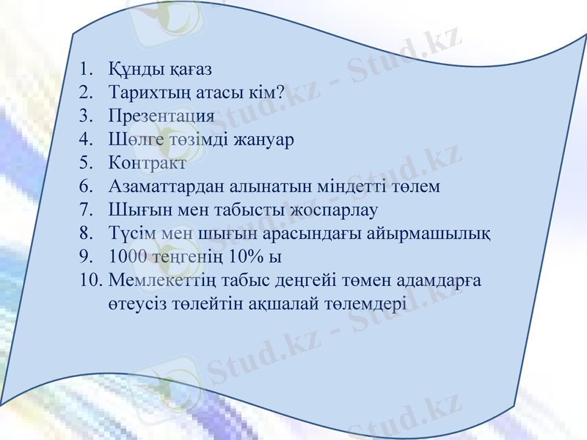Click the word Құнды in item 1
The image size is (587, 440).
click(x=134, y=70)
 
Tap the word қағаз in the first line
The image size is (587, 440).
click(x=187, y=71)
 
